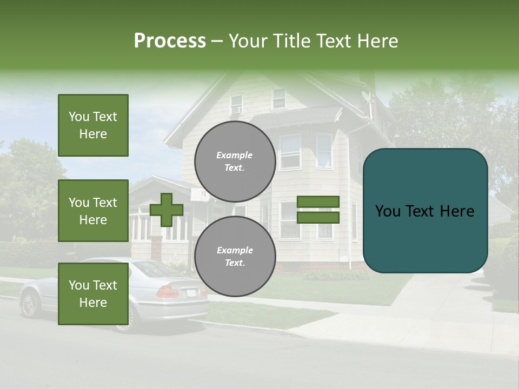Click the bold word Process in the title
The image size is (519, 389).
[x=170, y=41]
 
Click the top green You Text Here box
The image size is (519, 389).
[x=93, y=125]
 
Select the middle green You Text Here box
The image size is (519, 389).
[x=93, y=211]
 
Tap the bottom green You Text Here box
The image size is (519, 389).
[x=93, y=294]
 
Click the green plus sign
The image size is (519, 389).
[x=167, y=210]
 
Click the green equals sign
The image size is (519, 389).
[x=318, y=210]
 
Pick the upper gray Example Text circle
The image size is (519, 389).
[x=235, y=162]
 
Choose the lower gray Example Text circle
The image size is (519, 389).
[x=235, y=257]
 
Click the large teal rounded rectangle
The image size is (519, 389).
[x=425, y=211]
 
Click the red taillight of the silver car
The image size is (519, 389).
[x=168, y=292]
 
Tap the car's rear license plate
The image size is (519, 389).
[x=191, y=293]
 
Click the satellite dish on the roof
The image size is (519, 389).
[x=367, y=97]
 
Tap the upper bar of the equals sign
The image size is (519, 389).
[x=318, y=202]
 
